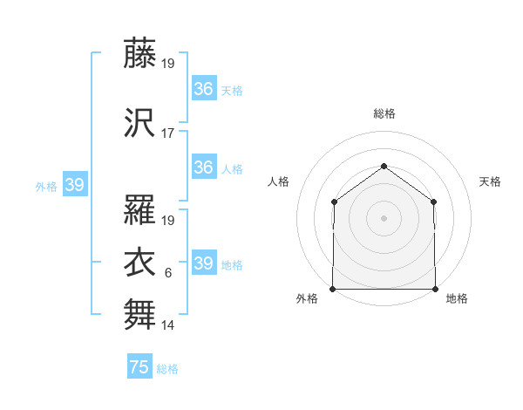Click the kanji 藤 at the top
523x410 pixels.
tap(139, 53)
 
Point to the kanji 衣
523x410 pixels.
tap(139, 262)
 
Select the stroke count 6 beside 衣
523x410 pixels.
tap(168, 273)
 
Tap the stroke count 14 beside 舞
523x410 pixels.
tap(168, 325)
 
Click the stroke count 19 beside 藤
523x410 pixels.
tap(168, 64)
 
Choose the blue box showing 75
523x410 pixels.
tap(139, 367)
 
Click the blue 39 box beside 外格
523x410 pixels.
tap(75, 185)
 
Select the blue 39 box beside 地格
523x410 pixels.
tap(204, 263)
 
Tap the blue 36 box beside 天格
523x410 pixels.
tap(204, 89)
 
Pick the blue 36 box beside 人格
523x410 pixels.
tap(204, 167)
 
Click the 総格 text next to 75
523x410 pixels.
tap(168, 369)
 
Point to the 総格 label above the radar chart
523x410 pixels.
tap(384, 113)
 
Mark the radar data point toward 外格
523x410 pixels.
tap(333, 289)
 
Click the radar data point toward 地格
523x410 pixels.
tap(435, 289)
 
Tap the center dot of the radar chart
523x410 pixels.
tap(384, 218)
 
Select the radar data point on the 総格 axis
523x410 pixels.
tap(384, 166)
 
